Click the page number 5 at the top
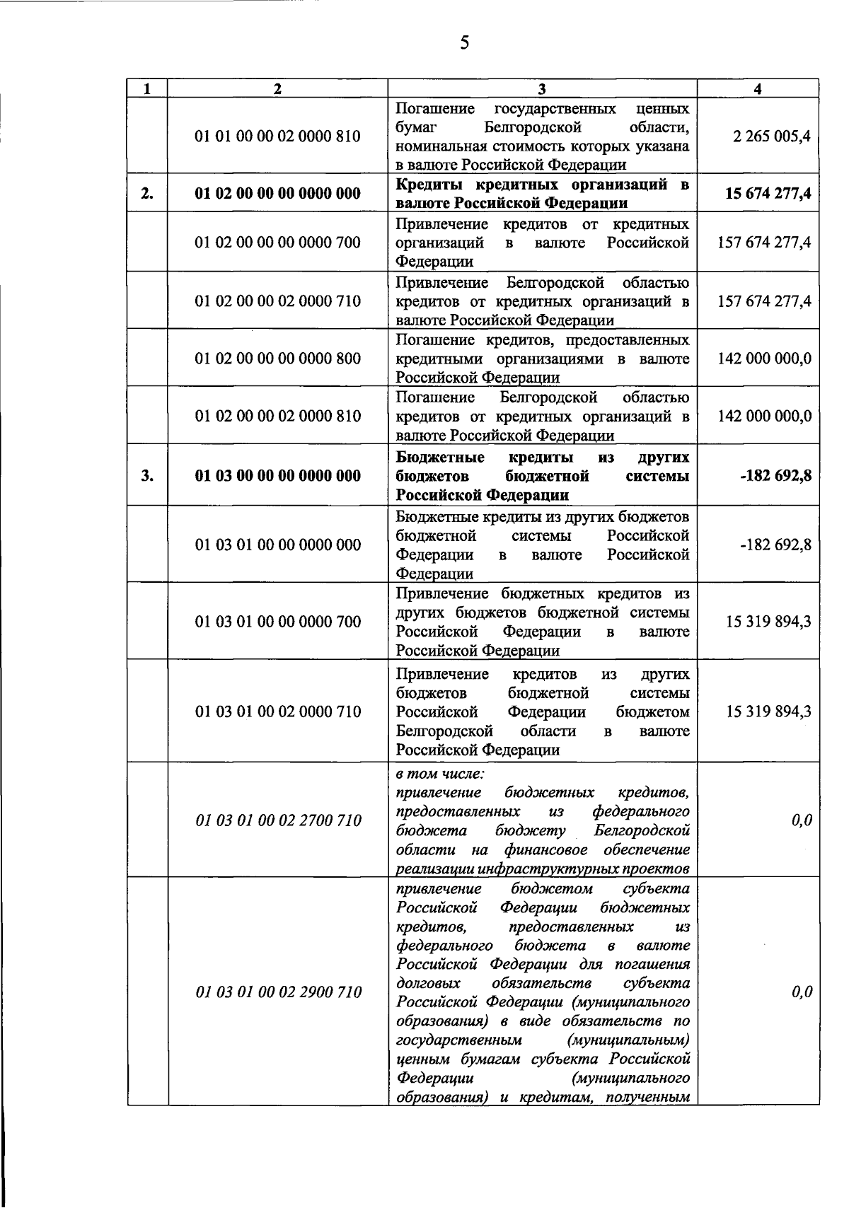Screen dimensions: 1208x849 pos(464,43)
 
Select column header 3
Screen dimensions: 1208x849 pos(541,88)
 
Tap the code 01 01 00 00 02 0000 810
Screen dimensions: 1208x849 pos(278,136)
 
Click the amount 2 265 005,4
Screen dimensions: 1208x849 pos(772,136)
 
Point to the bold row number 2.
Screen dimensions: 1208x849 pos(146,193)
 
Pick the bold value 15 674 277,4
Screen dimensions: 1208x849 pos(768,193)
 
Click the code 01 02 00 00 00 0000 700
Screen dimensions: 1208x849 pos(278,243)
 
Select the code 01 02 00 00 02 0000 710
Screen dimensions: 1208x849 pos(278,301)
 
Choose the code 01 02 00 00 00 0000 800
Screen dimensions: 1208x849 pos(278,359)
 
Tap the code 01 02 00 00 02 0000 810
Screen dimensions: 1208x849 pos(278,416)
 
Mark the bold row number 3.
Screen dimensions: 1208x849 pos(146,475)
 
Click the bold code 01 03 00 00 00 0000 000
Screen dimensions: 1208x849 pos(278,475)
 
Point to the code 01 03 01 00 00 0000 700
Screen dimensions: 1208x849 pos(278,622)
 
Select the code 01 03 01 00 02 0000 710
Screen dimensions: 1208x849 pos(278,712)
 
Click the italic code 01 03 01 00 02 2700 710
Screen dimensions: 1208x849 pos(278,820)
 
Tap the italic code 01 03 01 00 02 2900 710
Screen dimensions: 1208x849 pos(278,992)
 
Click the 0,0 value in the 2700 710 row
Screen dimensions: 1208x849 pos(802,820)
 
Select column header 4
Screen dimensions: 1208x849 pos(758,88)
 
